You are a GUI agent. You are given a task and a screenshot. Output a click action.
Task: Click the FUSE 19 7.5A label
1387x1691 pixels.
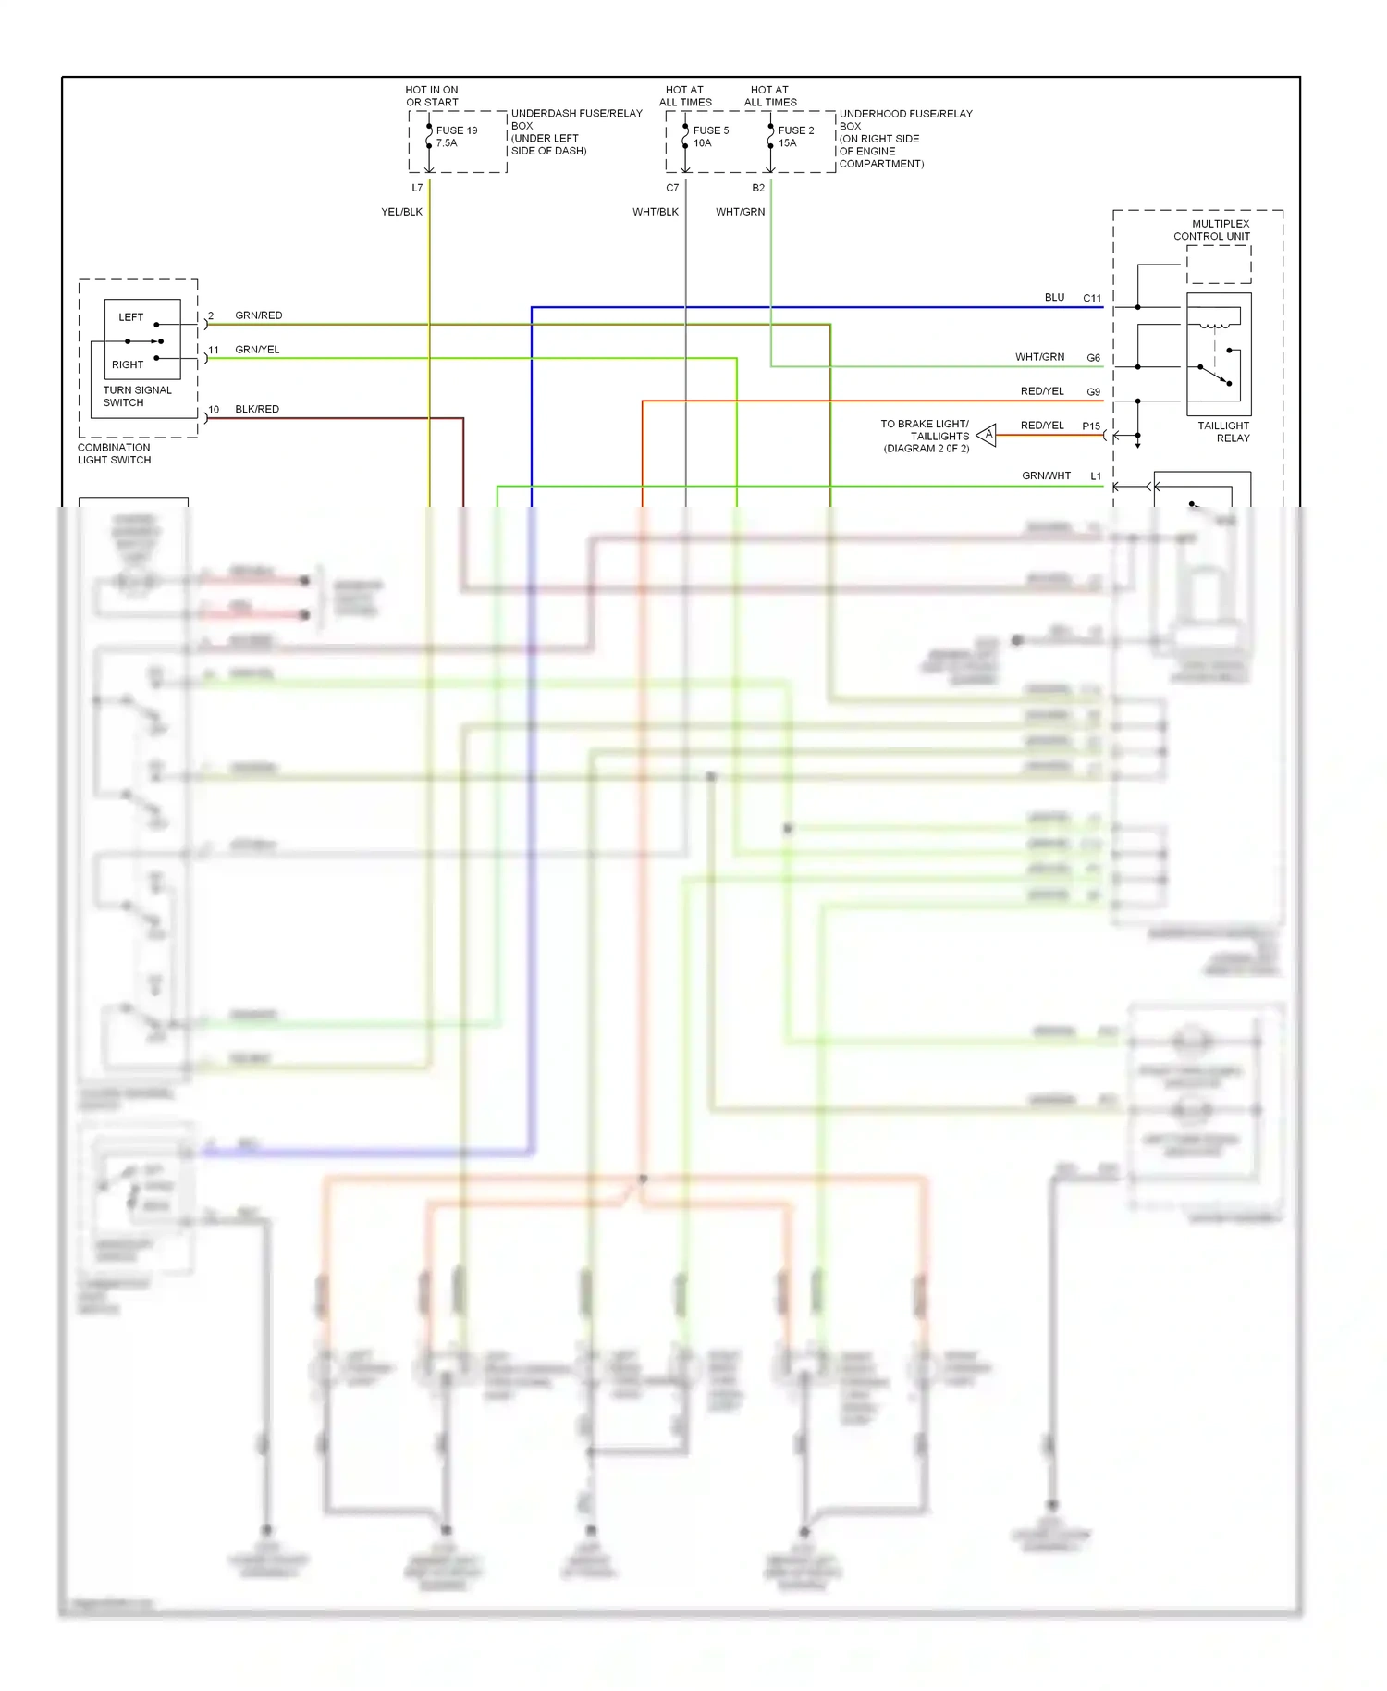[x=456, y=137]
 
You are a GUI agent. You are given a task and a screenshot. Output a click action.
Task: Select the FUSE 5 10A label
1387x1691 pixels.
[x=710, y=137]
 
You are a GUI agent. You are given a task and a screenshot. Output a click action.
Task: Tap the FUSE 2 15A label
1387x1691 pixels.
[x=795, y=137]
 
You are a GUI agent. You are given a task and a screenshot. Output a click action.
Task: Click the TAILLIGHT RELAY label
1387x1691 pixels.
[x=1223, y=432]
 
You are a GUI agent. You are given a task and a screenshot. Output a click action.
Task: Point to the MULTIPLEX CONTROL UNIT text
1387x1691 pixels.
[x=1212, y=229]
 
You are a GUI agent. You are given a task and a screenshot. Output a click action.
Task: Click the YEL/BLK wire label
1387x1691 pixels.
[x=401, y=212]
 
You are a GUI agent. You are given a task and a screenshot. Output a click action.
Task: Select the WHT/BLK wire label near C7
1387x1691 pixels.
[x=655, y=212]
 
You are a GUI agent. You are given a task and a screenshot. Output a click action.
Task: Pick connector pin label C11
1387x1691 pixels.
[x=1092, y=298]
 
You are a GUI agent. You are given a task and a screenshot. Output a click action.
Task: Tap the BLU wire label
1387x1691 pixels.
[x=1054, y=297]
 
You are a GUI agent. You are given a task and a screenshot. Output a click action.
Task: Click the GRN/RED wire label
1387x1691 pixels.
[x=258, y=315]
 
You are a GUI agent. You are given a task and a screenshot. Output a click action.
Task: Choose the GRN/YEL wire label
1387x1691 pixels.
[x=256, y=350]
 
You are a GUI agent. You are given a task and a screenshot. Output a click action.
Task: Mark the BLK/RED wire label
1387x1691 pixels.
[x=256, y=409]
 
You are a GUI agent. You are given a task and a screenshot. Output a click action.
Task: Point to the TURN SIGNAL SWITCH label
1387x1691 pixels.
[x=137, y=396]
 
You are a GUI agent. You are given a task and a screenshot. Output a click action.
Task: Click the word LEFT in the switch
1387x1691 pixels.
[x=130, y=317]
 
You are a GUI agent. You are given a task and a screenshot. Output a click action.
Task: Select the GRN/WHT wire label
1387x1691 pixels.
[x=1046, y=475]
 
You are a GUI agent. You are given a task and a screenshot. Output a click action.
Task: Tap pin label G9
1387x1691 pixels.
[x=1093, y=392]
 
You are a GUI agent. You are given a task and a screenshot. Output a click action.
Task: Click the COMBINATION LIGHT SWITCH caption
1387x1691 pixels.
[x=114, y=453]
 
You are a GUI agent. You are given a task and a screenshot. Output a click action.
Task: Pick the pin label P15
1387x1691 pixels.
[x=1091, y=426]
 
